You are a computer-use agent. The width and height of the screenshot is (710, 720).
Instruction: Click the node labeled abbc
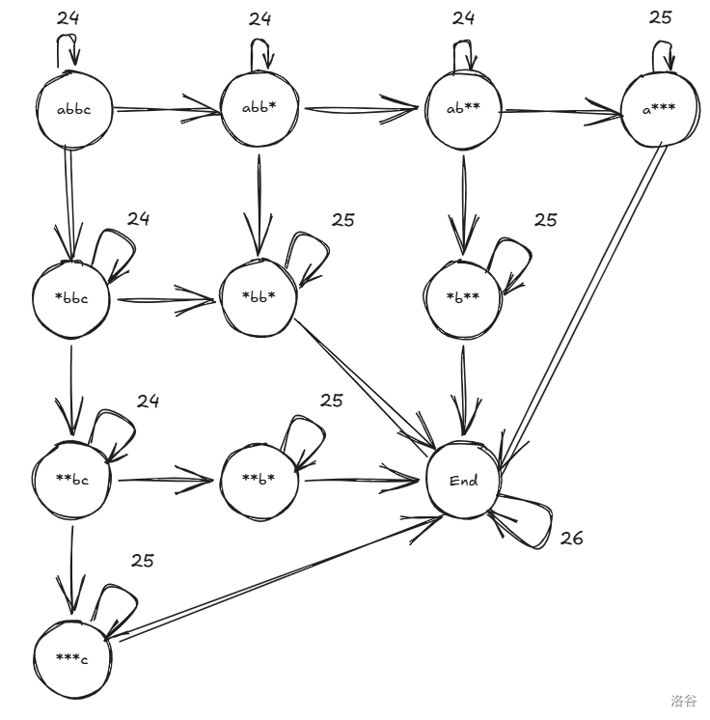pyautogui.click(x=76, y=109)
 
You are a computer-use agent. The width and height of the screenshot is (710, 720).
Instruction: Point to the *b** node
pyautogui.click(x=464, y=297)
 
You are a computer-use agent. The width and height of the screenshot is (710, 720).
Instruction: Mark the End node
pyautogui.click(x=464, y=481)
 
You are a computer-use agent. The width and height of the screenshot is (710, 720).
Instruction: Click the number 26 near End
pyautogui.click(x=572, y=538)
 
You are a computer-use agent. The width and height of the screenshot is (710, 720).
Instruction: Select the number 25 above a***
pyautogui.click(x=661, y=16)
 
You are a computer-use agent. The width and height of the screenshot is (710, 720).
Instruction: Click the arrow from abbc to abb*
pyautogui.click(x=169, y=110)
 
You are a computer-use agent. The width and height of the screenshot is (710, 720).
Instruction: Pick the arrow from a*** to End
pyautogui.click(x=579, y=299)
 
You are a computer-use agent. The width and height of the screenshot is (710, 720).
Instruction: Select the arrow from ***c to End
pyautogui.click(x=280, y=573)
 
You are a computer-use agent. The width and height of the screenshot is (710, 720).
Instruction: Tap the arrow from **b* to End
pyautogui.click(x=362, y=479)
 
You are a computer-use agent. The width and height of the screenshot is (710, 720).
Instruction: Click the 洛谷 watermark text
pyautogui.click(x=683, y=702)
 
